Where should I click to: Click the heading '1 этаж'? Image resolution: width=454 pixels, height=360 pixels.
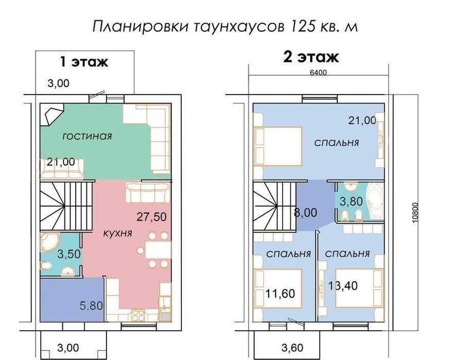(84, 62)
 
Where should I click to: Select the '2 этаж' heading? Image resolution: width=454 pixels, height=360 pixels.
(311, 57)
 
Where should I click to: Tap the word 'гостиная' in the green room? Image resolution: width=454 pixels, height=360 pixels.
(87, 136)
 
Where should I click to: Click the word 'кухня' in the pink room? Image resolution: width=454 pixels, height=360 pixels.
(117, 233)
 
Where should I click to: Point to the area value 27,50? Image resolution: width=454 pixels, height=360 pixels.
(151, 217)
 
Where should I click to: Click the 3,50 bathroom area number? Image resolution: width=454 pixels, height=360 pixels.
(69, 254)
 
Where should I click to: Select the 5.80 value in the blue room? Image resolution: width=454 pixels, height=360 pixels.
(91, 305)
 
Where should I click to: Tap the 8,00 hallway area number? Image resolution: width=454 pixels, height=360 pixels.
(305, 213)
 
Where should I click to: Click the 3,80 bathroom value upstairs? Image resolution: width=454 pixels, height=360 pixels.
(351, 202)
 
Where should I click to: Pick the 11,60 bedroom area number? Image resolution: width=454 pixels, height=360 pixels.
(280, 294)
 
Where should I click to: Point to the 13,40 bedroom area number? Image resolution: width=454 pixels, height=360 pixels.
(343, 285)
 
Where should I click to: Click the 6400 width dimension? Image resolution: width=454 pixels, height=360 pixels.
(318, 73)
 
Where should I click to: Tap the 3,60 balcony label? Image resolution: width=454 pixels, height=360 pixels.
(292, 348)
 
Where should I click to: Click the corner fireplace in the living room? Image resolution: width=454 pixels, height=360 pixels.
(51, 114)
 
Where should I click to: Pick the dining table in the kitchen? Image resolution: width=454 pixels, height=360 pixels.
(158, 250)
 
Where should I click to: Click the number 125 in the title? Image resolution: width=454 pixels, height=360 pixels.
(302, 26)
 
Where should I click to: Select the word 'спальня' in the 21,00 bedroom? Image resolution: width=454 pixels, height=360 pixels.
(337, 142)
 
